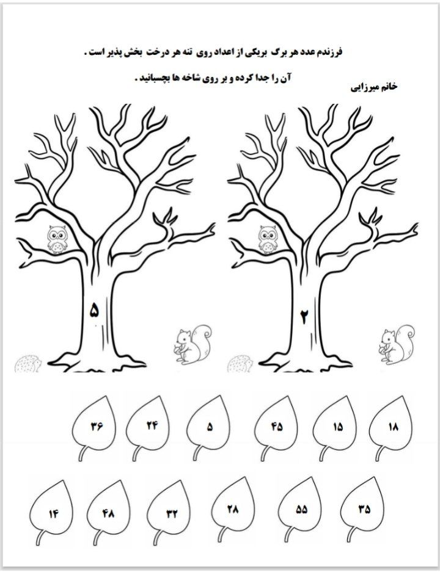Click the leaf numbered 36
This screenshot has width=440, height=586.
[x=97, y=425]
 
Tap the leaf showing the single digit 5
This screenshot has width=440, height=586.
[x=210, y=426]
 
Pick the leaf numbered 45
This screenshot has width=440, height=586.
[x=277, y=426]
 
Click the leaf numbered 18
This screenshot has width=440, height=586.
[x=392, y=426]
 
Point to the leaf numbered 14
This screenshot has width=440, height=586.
[x=52, y=515]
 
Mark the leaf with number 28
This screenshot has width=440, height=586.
[x=233, y=509]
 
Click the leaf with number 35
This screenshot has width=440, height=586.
[x=363, y=509]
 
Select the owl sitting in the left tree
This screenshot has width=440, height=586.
[x=57, y=239]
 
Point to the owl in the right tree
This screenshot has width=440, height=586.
[x=268, y=239]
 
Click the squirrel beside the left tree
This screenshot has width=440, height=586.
[x=193, y=344]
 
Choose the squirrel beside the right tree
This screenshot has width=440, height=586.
[x=397, y=344]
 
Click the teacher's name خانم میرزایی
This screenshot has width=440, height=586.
[x=374, y=87]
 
